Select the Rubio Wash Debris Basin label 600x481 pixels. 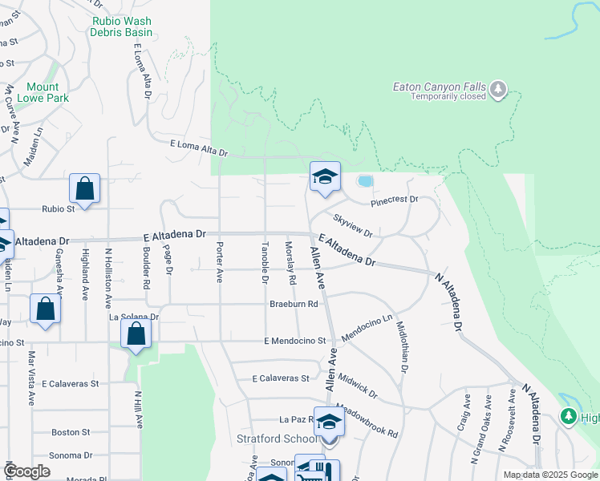122,26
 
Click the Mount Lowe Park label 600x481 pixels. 47,92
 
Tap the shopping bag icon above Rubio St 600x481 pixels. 84,189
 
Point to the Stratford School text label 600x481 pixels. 278,439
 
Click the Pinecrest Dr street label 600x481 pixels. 395,200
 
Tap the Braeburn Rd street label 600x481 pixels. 294,305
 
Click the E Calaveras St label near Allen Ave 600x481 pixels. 281,378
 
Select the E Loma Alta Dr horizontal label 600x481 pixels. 199,148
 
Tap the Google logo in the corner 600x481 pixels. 27,471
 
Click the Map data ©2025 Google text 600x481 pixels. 550,475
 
